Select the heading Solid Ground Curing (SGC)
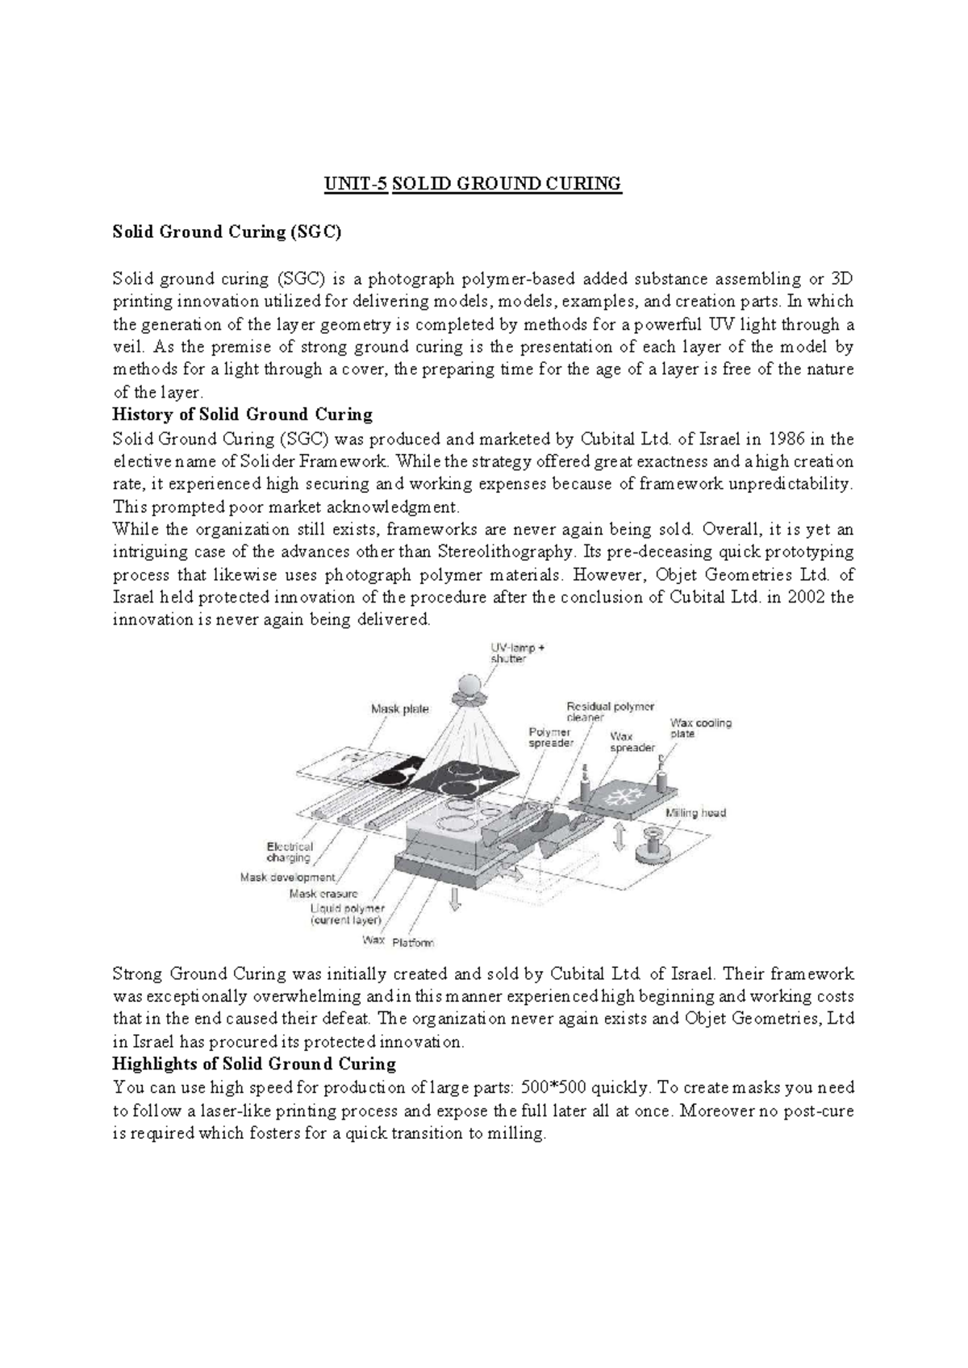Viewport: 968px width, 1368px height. tap(227, 232)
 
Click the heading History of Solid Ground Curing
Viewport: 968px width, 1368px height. tap(242, 415)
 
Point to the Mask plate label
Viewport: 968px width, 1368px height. tap(400, 709)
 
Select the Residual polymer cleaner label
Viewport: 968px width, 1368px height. tap(610, 711)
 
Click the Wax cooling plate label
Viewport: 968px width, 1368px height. tap(700, 728)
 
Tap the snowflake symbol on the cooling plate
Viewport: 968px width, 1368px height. tap(622, 799)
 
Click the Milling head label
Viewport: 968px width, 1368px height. tap(695, 812)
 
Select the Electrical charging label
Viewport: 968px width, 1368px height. tap(290, 852)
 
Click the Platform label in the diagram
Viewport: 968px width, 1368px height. tap(413, 942)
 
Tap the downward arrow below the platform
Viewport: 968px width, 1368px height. tap(456, 898)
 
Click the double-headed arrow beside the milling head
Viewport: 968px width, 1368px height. tap(620, 836)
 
